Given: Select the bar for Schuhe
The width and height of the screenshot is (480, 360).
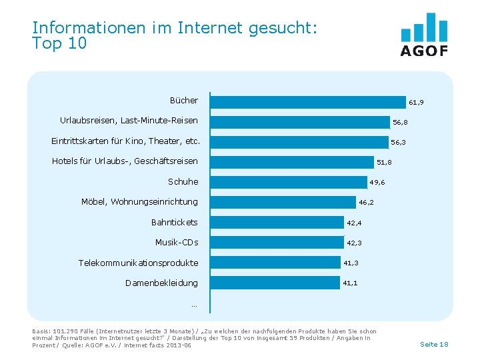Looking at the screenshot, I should coord(288,182).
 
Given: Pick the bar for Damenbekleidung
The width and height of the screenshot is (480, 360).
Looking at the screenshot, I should coord(274,283).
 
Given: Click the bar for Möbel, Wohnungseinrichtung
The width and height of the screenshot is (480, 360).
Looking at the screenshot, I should coord(283,202).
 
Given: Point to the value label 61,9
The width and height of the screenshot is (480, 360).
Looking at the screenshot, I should coord(416,103).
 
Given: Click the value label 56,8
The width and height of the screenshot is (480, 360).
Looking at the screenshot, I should coord(400,123).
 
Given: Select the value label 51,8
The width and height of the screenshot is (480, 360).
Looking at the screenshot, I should coord(384,163).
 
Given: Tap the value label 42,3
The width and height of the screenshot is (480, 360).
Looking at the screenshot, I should coord(354,243).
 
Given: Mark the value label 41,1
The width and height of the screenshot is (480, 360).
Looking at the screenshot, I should coord(350,283).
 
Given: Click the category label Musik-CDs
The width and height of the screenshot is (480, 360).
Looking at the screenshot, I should coord(177,242).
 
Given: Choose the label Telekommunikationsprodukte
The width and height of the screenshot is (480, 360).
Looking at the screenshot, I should coord(138,263).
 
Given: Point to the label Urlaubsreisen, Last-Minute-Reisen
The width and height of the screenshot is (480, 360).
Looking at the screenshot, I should coord(129,121).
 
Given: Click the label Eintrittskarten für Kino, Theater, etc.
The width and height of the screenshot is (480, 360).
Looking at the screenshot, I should coord(126,141).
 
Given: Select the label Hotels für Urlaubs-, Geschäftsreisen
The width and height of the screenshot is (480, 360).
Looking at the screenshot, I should coord(125,161).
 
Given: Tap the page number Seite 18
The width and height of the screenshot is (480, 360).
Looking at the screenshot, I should coord(434,344).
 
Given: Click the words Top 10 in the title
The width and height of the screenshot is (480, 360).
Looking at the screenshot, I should coord(59,44).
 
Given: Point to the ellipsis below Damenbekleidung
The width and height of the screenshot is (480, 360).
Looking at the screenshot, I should coord(194,305).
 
